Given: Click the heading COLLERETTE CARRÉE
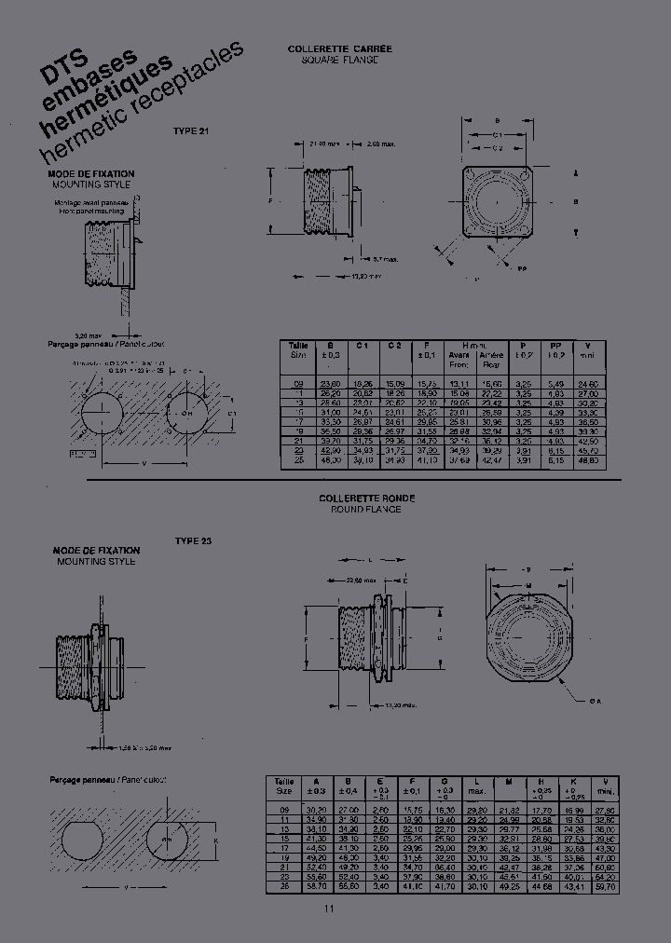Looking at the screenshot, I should [339, 48].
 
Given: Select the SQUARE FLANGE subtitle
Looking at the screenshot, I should [339, 59].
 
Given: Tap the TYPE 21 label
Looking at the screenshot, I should [191, 131].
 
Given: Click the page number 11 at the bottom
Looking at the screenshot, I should [328, 909].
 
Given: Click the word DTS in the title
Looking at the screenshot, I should [59, 74].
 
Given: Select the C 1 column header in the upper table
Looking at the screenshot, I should [363, 346].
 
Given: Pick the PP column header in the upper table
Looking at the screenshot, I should [556, 346].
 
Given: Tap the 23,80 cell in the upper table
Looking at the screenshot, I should [329, 384].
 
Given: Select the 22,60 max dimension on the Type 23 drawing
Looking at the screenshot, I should [362, 580].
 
